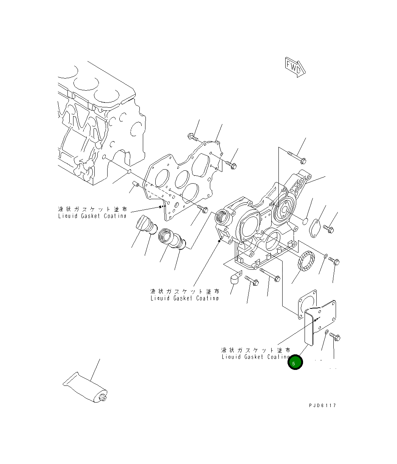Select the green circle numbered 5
click(x=295, y=363)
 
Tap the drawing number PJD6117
click(x=322, y=406)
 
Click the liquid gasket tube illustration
click(x=85, y=388)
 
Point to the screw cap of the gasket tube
click(x=102, y=398)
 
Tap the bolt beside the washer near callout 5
click(x=335, y=336)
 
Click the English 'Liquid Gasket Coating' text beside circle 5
click(x=256, y=357)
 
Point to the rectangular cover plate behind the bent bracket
click(x=327, y=315)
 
